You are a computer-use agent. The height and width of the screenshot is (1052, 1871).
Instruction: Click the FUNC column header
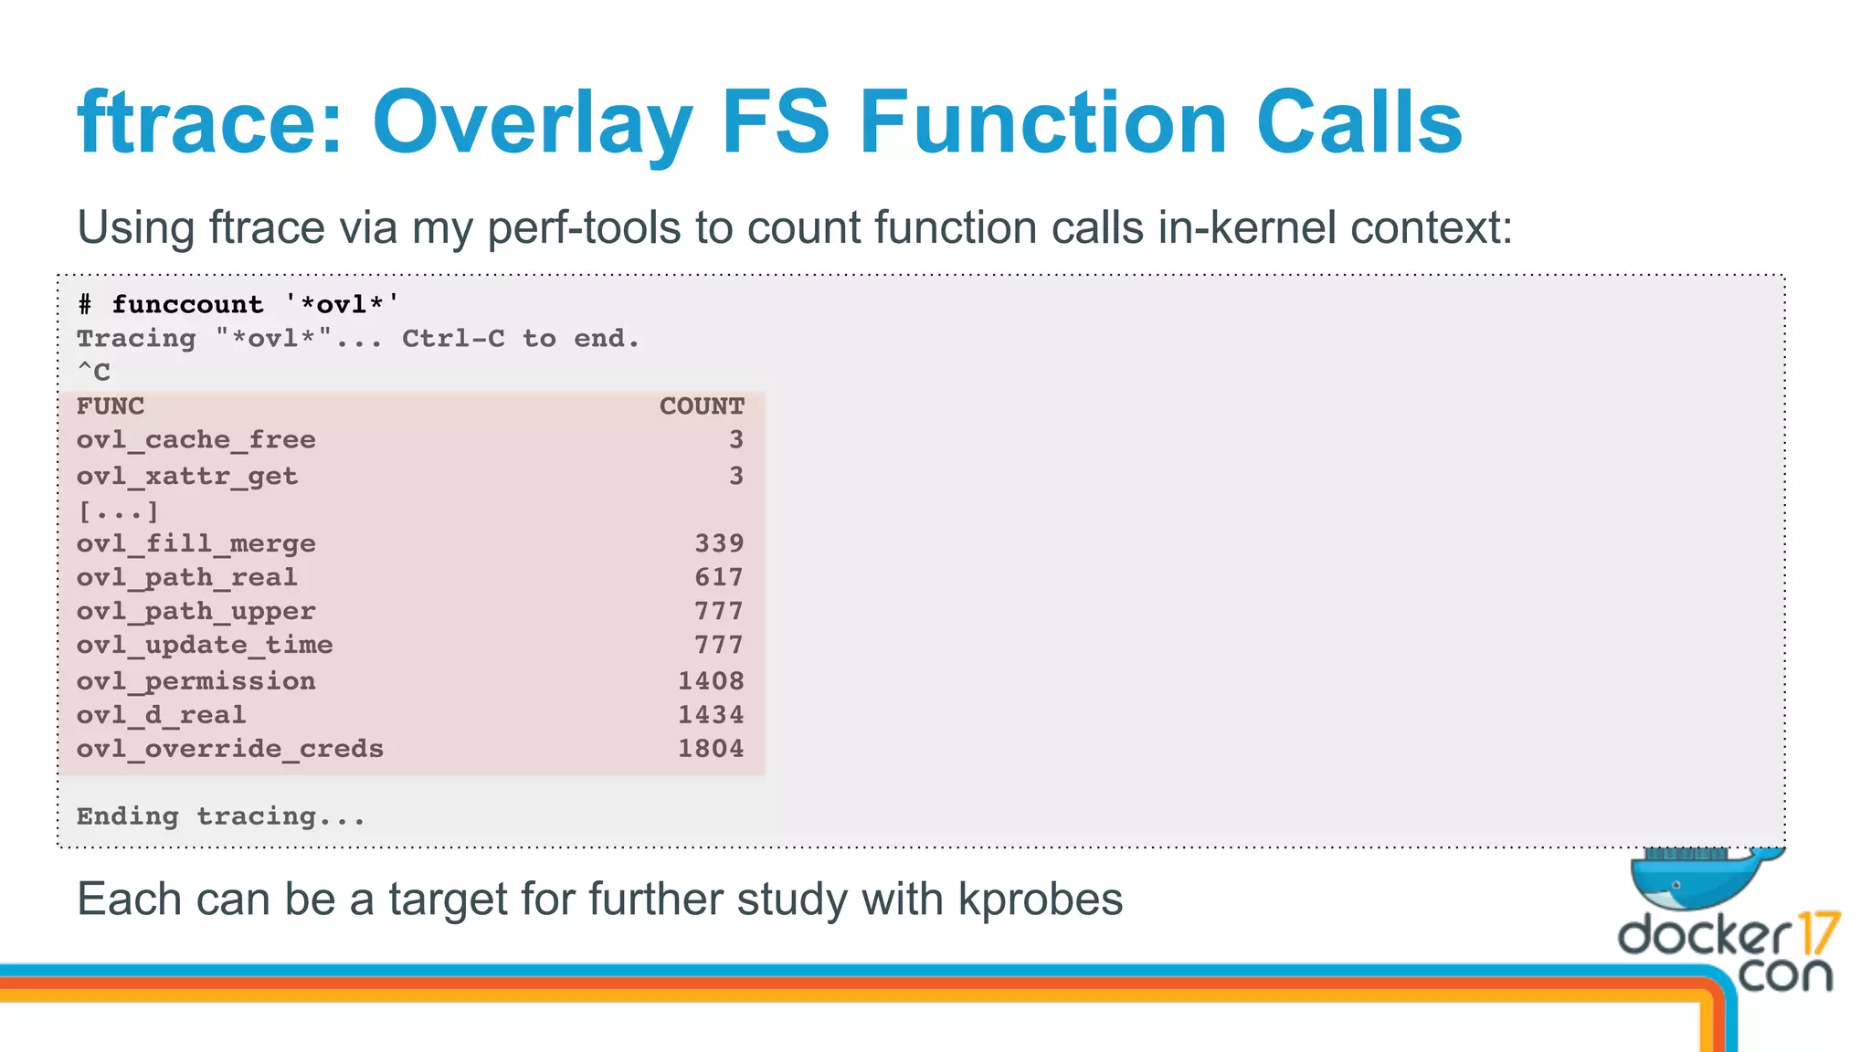coord(111,406)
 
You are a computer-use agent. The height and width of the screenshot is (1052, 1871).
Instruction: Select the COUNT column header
coord(702,406)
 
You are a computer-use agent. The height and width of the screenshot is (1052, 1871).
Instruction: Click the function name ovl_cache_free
coord(196,440)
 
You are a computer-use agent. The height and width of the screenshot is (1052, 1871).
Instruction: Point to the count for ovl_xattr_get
coord(735,476)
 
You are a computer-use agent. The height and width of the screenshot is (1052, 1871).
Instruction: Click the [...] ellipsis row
coord(118,510)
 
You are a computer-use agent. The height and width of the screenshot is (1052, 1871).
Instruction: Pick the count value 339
coord(719,543)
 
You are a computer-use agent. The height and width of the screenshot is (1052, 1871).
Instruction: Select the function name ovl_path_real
coord(186,577)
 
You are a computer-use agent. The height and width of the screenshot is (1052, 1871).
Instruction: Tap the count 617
coord(719,577)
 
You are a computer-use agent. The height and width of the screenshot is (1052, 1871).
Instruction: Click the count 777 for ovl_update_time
coord(719,645)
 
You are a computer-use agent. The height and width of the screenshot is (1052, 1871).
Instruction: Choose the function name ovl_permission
coord(196,681)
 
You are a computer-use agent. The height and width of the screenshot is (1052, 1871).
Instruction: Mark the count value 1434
coord(711,715)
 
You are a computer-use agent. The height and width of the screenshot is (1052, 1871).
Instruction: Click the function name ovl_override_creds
coord(229,749)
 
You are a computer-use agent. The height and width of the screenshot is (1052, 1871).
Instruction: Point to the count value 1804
coord(711,749)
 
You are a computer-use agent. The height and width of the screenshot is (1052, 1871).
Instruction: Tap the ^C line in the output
coord(93,373)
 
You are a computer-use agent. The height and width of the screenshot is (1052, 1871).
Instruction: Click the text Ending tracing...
coord(220,816)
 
